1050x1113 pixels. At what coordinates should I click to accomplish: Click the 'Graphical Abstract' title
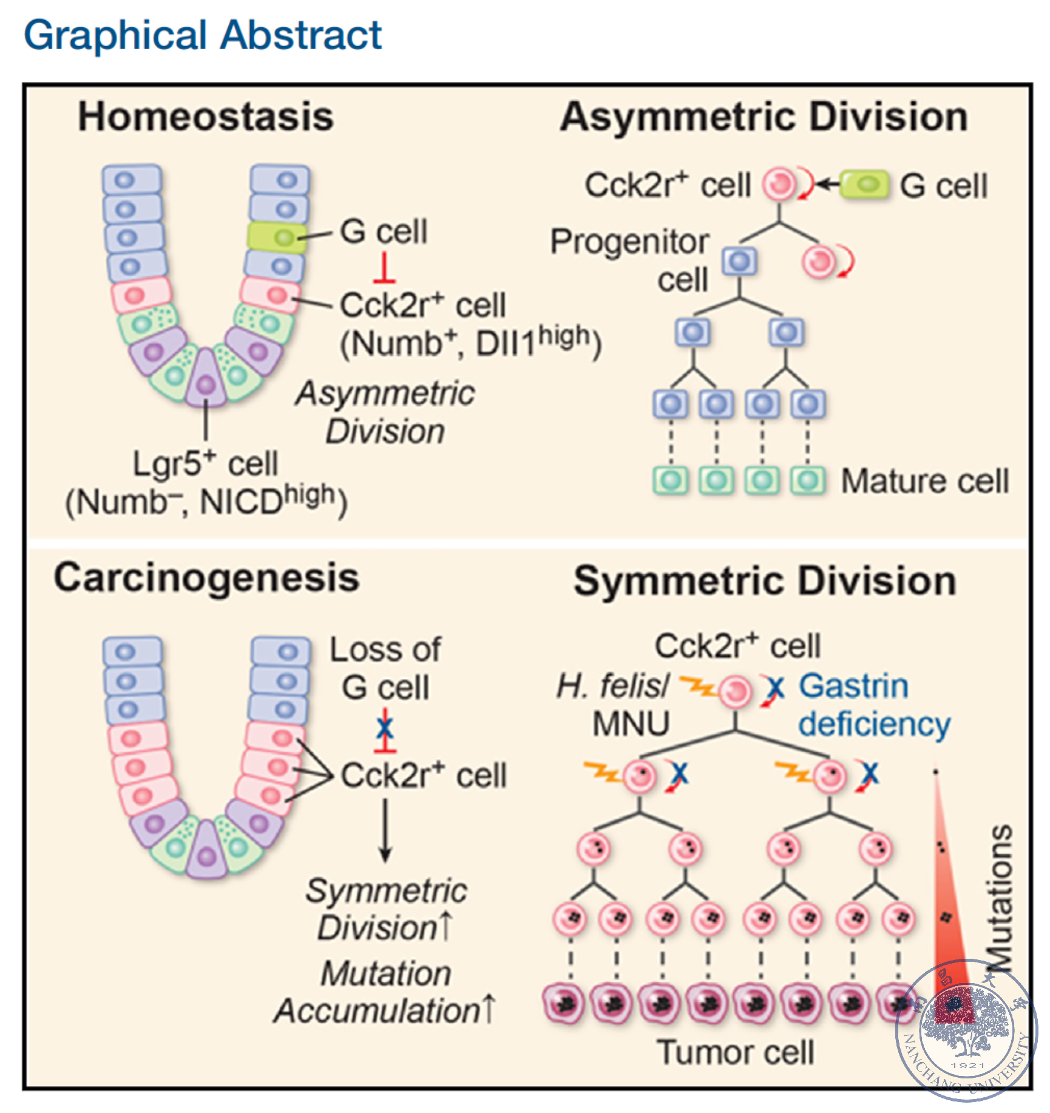click(203, 35)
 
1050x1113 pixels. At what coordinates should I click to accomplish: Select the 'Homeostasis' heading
click(206, 117)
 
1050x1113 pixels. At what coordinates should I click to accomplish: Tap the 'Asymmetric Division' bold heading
click(764, 117)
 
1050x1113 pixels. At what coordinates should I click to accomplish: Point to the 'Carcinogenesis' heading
click(206, 578)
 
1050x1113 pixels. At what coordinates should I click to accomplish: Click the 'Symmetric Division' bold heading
click(765, 581)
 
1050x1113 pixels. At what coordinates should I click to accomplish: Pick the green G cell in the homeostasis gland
click(277, 237)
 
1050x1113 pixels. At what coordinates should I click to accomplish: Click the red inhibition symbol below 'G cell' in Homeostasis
click(385, 269)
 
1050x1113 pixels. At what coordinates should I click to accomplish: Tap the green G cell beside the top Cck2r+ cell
click(864, 185)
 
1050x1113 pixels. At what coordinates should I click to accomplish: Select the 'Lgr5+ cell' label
click(205, 465)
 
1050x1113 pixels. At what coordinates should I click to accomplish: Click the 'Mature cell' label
click(924, 482)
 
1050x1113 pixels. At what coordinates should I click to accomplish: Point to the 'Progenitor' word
click(629, 242)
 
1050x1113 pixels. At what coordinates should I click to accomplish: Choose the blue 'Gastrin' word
click(853, 687)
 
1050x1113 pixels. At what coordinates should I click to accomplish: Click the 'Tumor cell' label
click(735, 1052)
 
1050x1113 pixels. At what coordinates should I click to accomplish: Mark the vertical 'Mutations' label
click(999, 899)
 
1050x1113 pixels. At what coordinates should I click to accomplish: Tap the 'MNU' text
click(631, 724)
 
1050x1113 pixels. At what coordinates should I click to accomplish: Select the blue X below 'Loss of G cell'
click(385, 727)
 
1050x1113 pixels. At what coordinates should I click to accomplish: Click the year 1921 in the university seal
click(967, 1066)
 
